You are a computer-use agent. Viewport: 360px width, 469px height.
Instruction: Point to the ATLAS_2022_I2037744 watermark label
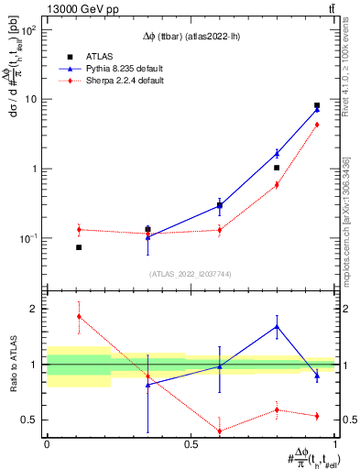pos(190,274)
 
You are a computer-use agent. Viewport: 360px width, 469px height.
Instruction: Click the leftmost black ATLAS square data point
pos(79,247)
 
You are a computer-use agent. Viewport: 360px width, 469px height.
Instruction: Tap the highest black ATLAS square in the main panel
pos(317,105)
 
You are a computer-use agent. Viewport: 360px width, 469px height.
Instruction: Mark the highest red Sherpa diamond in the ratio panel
pos(79,316)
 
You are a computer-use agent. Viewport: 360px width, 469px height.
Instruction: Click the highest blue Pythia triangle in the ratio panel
pos(277,326)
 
